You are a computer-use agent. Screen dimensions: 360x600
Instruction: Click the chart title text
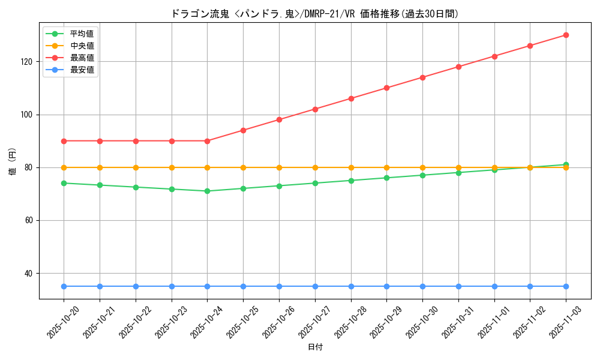pyautogui.click(x=314, y=14)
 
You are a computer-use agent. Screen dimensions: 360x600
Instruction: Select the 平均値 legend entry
pyautogui.click(x=82, y=34)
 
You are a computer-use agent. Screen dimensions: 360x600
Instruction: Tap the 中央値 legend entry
pyautogui.click(x=82, y=46)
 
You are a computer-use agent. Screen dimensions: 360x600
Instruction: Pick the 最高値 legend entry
pyautogui.click(x=82, y=58)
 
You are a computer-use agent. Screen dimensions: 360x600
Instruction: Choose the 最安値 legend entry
pyautogui.click(x=82, y=70)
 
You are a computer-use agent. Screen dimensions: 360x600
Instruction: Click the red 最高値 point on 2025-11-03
pyautogui.click(x=566, y=35)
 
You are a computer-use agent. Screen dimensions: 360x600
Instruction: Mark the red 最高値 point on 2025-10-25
pyautogui.click(x=243, y=130)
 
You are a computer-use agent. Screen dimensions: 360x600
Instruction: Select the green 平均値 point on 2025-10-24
pyautogui.click(x=207, y=191)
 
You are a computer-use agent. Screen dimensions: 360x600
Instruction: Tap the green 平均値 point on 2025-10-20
pyautogui.click(x=64, y=183)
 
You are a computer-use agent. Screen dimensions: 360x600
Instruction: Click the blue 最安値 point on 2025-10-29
pyautogui.click(x=386, y=286)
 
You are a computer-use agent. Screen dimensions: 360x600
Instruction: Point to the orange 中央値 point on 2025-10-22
pyautogui.click(x=136, y=167)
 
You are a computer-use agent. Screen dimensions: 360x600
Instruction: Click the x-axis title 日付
pyautogui.click(x=314, y=347)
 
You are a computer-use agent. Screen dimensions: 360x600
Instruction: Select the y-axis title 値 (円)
pyautogui.click(x=13, y=161)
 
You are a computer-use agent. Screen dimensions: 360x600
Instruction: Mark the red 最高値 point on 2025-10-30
pyautogui.click(x=422, y=77)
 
